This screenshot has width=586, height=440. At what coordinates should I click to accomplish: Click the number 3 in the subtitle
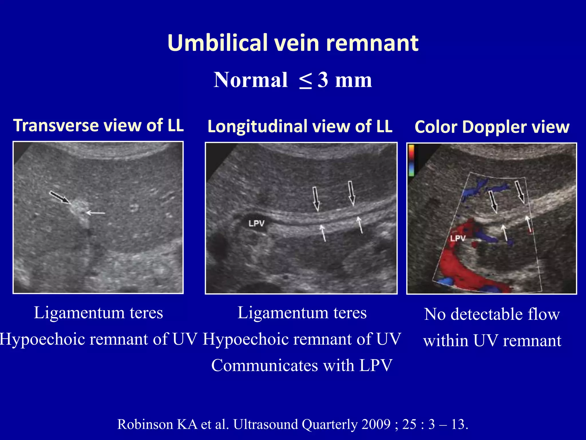click(x=323, y=80)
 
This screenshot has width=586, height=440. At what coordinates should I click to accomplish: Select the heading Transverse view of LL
click(x=98, y=125)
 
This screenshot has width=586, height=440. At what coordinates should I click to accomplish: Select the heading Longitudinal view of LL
click(x=300, y=126)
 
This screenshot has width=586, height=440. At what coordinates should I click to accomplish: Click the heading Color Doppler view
click(x=492, y=127)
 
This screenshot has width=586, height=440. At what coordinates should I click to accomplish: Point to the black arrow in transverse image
click(x=60, y=197)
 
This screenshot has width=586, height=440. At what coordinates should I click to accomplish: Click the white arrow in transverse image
click(x=96, y=213)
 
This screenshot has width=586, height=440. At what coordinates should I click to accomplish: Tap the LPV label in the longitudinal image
click(x=256, y=223)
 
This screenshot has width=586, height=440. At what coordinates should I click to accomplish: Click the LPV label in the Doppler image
click(x=458, y=238)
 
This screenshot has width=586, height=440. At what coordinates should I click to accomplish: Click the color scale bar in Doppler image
click(x=411, y=160)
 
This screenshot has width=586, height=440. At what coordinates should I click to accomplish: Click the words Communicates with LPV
click(x=302, y=366)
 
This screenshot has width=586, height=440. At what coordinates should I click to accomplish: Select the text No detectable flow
click(x=492, y=314)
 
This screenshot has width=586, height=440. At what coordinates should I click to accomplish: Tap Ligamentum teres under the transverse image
click(x=98, y=313)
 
